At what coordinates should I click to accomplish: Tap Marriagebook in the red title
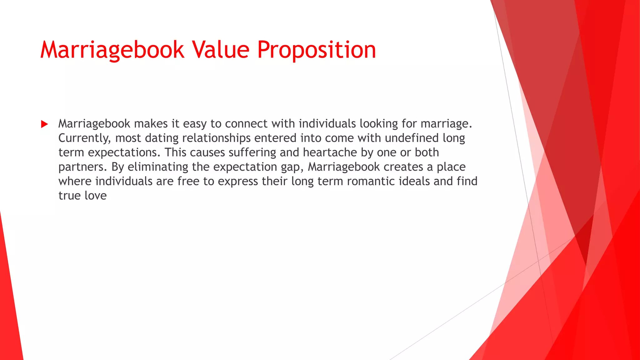[112, 50]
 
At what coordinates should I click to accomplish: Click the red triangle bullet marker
[44, 124]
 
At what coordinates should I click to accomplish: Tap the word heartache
[330, 152]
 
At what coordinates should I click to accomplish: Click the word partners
[82, 167]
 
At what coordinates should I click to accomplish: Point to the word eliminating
[158, 167]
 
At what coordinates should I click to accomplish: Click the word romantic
[371, 181]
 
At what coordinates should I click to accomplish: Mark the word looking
[379, 124]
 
